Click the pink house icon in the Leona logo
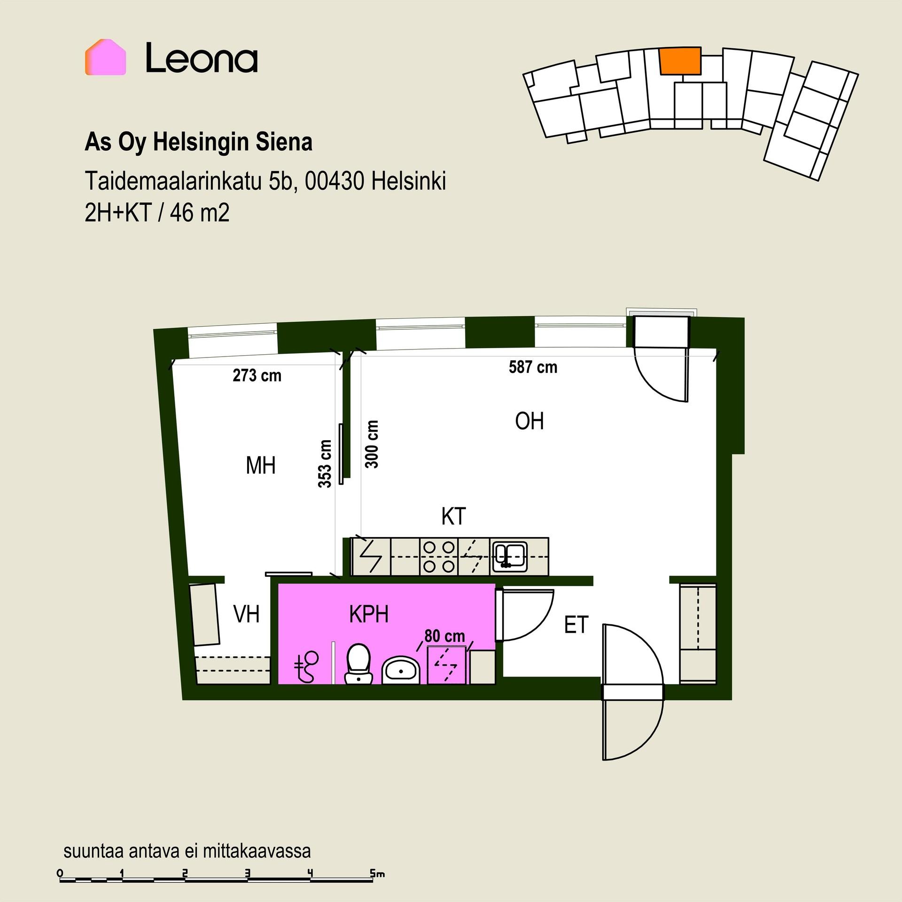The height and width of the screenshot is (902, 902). pyautogui.click(x=105, y=58)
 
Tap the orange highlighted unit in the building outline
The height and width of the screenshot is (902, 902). pyautogui.click(x=680, y=61)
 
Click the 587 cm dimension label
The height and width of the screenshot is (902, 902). pyautogui.click(x=533, y=367)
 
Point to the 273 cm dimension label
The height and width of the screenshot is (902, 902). pyautogui.click(x=257, y=376)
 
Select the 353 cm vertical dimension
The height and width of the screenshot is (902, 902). pyautogui.click(x=325, y=464)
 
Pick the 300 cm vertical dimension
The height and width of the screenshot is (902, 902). pyautogui.click(x=372, y=444)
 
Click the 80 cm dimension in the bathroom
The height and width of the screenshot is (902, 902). pyautogui.click(x=444, y=636)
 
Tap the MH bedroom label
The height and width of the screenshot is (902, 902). pyautogui.click(x=261, y=466)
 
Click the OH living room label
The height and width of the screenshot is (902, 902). pyautogui.click(x=529, y=421)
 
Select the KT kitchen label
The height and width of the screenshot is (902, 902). pyautogui.click(x=453, y=517)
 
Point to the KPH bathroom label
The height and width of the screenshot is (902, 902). pyautogui.click(x=369, y=614)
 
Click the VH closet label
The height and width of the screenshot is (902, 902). pyautogui.click(x=247, y=614)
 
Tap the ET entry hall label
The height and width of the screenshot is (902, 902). pyautogui.click(x=576, y=625)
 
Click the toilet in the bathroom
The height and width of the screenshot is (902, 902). pyautogui.click(x=358, y=664)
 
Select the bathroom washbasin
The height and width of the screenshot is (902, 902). pyautogui.click(x=401, y=669)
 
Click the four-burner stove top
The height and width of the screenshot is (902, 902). pyautogui.click(x=439, y=557)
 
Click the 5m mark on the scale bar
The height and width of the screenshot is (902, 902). pyautogui.click(x=377, y=874)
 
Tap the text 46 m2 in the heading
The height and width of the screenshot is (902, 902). pyautogui.click(x=200, y=214)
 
